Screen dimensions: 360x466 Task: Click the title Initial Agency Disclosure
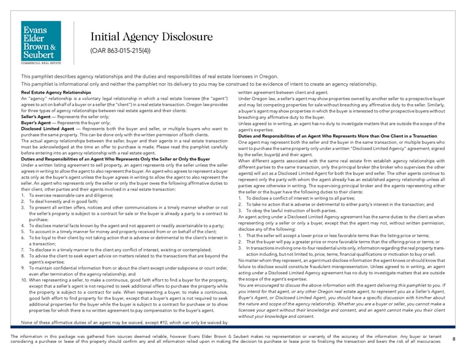[151, 37]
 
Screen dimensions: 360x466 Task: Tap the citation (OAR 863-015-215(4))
[122, 51]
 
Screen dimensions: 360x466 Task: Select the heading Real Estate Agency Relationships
[56, 92]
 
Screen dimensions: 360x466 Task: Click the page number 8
[453, 339]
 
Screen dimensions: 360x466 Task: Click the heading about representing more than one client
[337, 136]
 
